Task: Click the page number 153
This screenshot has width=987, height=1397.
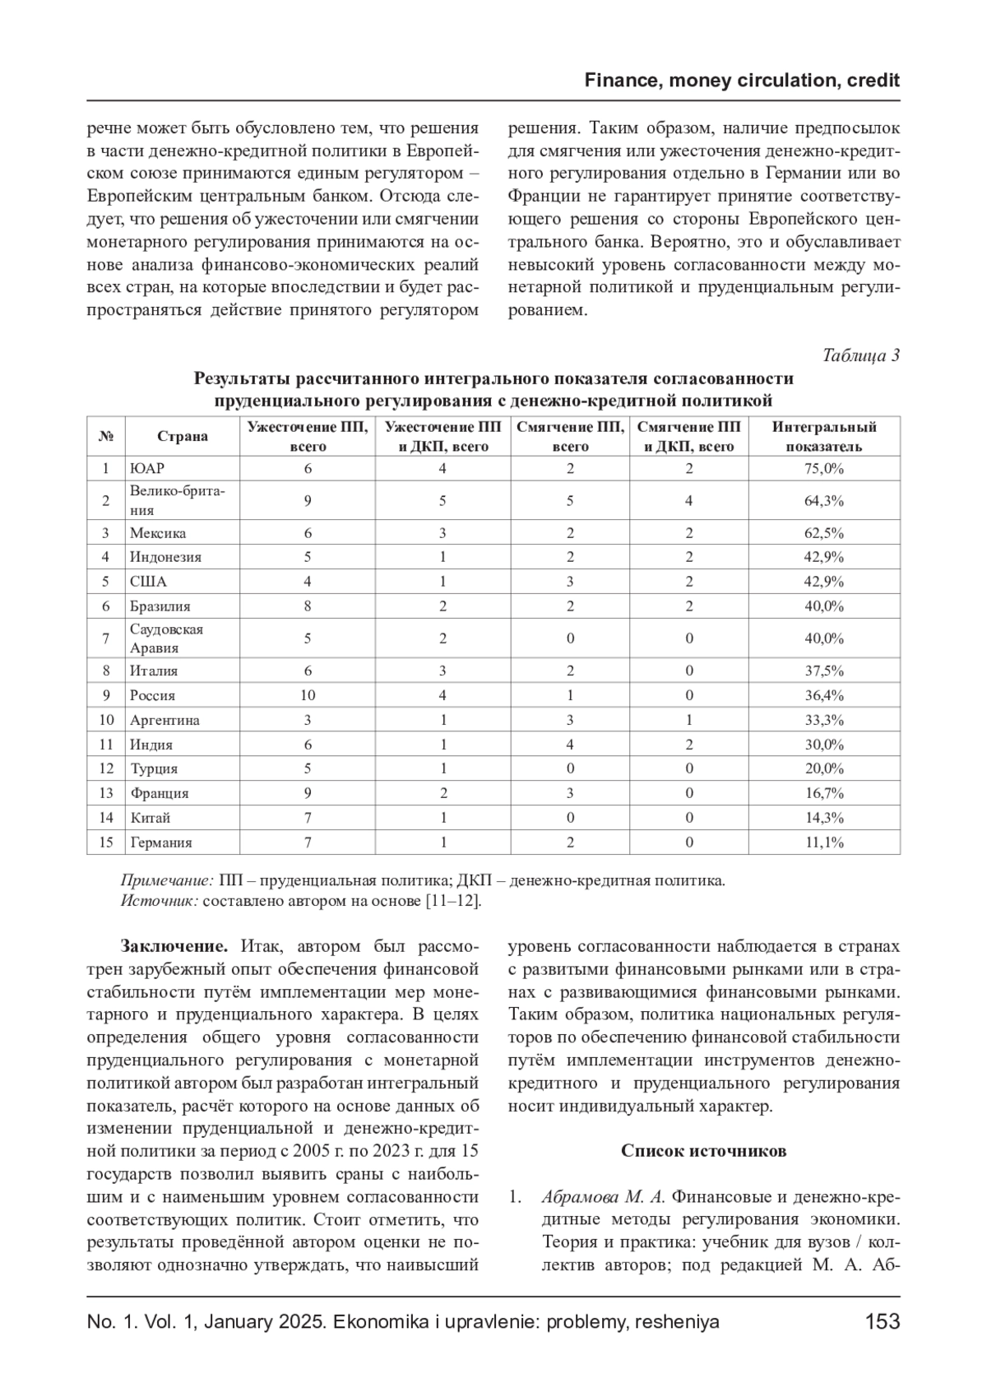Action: click(x=883, y=1321)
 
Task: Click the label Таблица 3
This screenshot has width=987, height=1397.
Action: click(x=861, y=355)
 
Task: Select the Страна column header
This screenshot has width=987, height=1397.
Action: click(x=183, y=436)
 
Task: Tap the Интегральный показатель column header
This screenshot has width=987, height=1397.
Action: click(x=824, y=436)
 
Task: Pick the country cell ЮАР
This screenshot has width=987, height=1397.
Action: click(x=147, y=468)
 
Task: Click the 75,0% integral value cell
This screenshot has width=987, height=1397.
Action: click(x=824, y=468)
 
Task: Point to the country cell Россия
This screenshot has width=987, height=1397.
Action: click(x=152, y=695)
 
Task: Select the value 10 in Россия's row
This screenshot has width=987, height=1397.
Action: click(x=308, y=695)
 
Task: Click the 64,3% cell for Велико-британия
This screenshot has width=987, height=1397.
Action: click(x=824, y=500)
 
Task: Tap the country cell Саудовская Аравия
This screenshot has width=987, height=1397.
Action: click(x=166, y=638)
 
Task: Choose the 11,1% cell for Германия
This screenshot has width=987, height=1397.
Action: click(x=824, y=842)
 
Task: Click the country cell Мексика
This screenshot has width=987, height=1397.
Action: click(x=158, y=532)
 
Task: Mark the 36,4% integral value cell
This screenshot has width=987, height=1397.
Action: click(x=824, y=695)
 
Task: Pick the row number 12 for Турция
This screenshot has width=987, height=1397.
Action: click(x=106, y=768)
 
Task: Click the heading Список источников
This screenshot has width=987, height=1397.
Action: click(x=703, y=1150)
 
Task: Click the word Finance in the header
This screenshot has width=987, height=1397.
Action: click(x=622, y=81)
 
